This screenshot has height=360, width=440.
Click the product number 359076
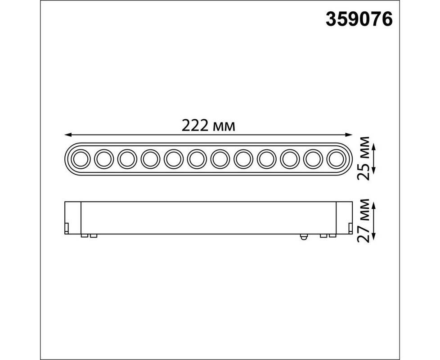pos(359,19)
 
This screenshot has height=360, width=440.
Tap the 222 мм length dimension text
pos(208,126)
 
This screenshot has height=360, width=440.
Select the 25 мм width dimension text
pos(364,158)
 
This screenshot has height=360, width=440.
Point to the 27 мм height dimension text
pos(364,220)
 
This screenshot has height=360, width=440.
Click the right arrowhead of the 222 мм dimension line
pos(349,135)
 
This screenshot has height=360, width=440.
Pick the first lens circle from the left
pos(81,159)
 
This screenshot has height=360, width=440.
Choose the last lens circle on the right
pos(337,159)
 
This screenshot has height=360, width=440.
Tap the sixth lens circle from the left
pos(197,159)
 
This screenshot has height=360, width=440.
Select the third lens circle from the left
pos(127,159)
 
